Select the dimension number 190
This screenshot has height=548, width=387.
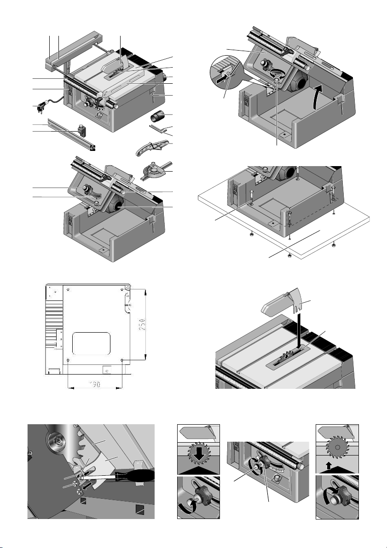(x=95, y=384)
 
